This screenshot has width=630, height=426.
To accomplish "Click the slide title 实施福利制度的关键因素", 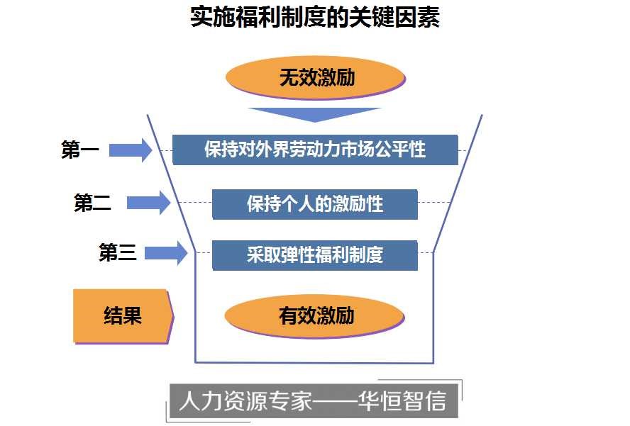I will [x=315, y=17].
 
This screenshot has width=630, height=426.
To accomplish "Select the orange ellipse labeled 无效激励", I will [x=316, y=77].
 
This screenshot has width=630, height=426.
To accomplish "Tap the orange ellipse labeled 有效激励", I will [x=316, y=315].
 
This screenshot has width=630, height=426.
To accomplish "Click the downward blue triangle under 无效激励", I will [x=315, y=114].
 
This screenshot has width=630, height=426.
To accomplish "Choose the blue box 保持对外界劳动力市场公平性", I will [x=315, y=150].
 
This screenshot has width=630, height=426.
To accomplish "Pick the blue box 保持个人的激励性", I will [x=315, y=204].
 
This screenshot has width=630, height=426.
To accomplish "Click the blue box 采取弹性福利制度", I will [x=315, y=254].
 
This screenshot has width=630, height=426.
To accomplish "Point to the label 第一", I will [x=79, y=150].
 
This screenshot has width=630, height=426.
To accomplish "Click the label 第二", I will [x=93, y=203].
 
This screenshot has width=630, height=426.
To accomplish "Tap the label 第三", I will [x=117, y=253].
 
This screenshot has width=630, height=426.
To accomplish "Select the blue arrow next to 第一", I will [x=131, y=150].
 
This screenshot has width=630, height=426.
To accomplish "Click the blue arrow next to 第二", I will [x=149, y=203].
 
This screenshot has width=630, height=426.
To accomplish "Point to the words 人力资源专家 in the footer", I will [x=246, y=402].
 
